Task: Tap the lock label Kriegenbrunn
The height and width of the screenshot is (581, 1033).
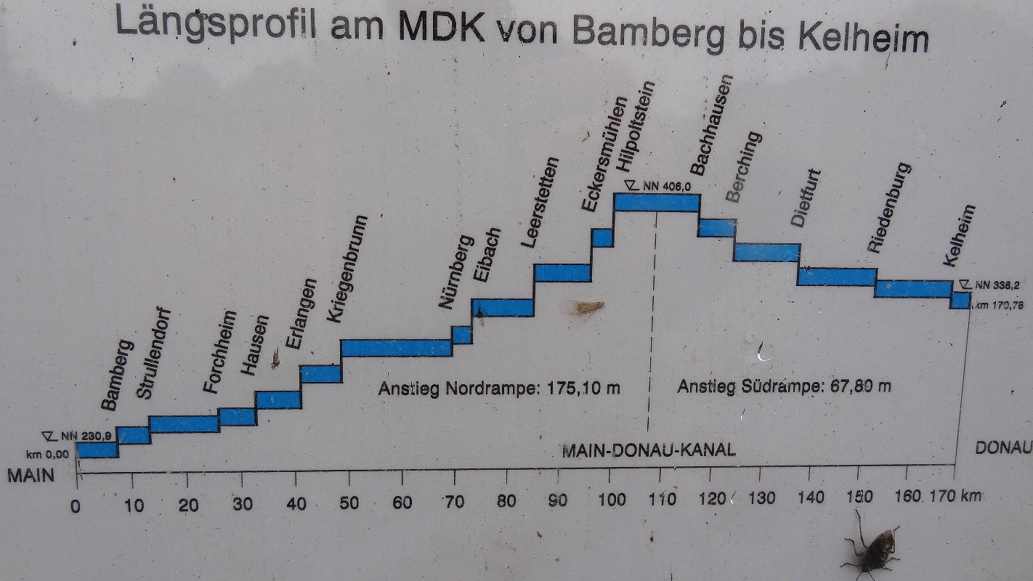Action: pos(347,269)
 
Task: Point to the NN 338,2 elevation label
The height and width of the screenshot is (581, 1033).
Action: pos(992,285)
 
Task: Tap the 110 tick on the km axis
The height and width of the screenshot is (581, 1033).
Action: pos(663,500)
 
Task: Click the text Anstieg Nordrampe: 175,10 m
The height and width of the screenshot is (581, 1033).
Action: pos(499,389)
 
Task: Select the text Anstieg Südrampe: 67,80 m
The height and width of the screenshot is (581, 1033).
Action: pos(784,386)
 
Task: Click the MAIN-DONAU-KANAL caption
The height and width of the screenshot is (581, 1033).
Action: pos(649,450)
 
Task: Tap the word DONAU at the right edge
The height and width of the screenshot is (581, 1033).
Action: pos(1003,448)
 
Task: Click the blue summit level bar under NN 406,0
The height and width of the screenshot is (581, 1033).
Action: pos(657,203)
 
